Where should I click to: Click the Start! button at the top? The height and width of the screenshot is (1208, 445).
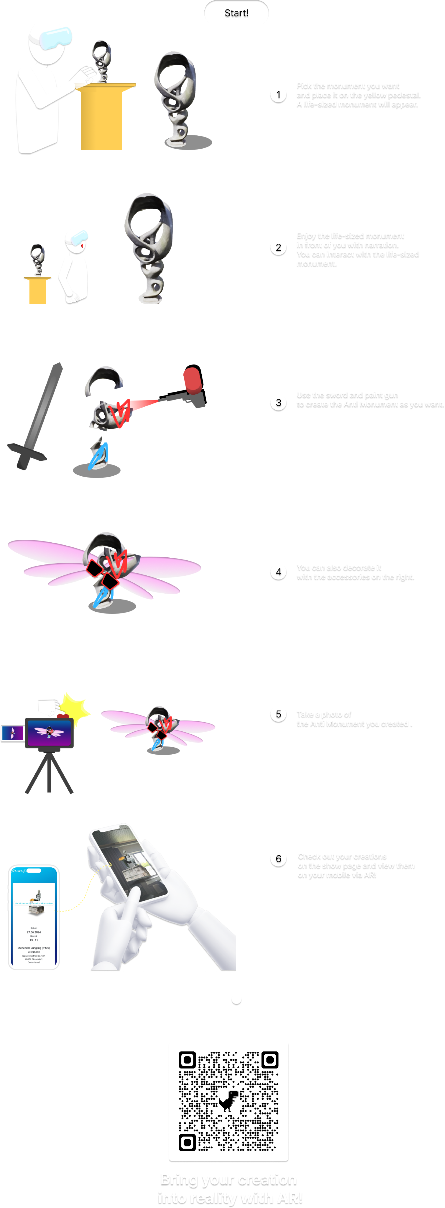click(x=236, y=13)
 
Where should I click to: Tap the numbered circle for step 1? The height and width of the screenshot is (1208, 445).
click(x=278, y=95)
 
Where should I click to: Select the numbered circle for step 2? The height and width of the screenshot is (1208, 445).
click(x=278, y=247)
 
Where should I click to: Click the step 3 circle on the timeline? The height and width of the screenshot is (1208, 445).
click(x=278, y=402)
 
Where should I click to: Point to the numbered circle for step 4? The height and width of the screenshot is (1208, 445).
click(x=278, y=572)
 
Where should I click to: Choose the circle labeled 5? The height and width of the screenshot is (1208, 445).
click(x=278, y=714)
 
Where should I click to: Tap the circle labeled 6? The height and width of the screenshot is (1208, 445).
click(x=278, y=859)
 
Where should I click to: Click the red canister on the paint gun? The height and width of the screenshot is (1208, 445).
click(x=192, y=380)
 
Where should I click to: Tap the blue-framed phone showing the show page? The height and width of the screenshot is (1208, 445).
click(x=34, y=917)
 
